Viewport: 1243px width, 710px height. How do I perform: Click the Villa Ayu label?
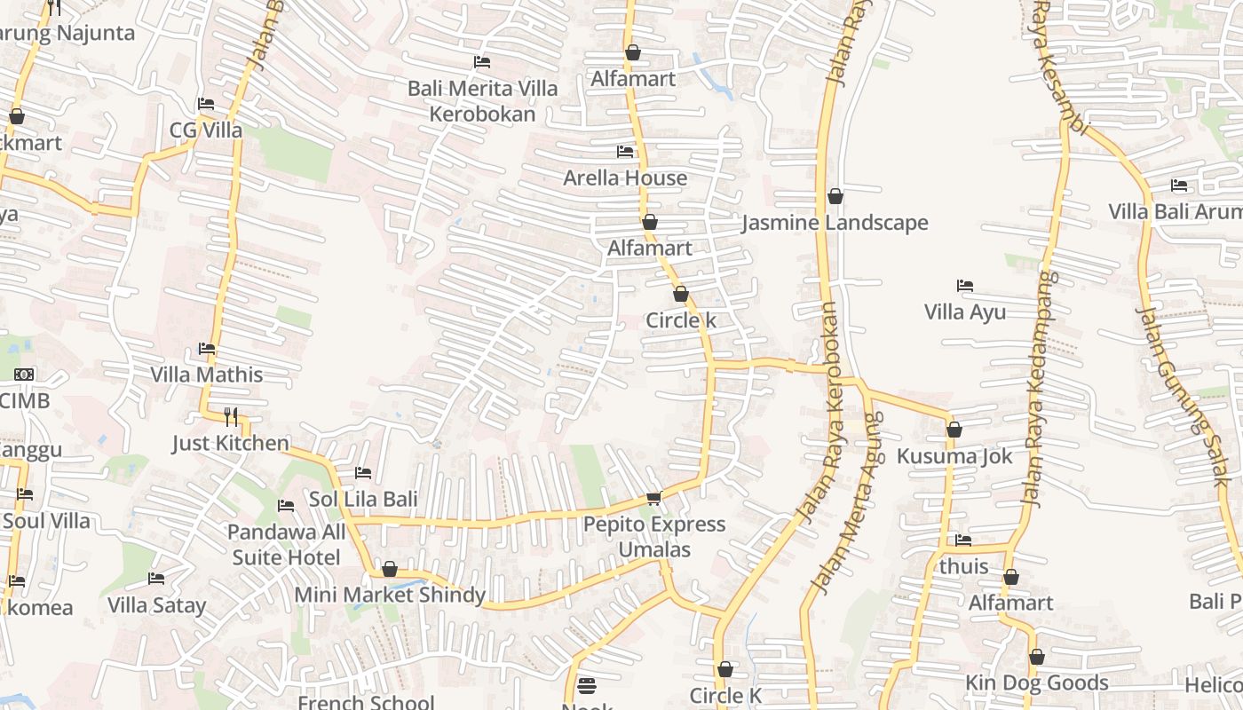965,312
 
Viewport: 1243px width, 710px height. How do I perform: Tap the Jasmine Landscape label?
835,223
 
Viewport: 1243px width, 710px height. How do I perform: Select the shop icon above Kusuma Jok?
954,430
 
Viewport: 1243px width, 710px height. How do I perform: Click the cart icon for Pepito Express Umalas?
653,498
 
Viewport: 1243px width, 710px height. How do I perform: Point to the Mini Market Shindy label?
390,595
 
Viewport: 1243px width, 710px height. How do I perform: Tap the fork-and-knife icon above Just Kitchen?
231,416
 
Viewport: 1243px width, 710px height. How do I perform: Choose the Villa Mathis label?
207,375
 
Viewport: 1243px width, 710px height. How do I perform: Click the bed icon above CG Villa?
206,104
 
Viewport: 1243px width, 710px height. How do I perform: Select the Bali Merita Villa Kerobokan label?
483,101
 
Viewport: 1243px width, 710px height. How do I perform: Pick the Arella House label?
625,177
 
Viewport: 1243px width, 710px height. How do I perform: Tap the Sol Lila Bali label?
363,499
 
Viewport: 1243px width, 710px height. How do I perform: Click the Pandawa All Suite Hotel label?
286,545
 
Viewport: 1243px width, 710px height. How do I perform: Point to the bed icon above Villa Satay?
156,579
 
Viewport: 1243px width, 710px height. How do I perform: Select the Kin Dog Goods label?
1037,682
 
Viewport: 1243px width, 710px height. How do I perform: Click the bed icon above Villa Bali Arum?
1179,185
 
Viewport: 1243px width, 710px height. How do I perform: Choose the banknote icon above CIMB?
24,375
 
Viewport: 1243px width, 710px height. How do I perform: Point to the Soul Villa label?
46,520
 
